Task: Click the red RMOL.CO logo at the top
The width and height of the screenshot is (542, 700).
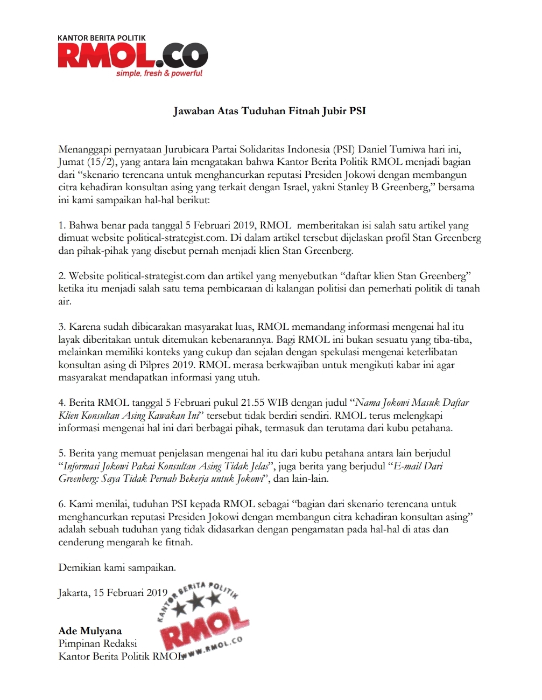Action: point(132,56)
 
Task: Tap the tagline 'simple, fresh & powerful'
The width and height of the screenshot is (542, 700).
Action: point(159,73)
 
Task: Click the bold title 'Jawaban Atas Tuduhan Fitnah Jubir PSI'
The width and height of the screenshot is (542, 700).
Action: point(270,111)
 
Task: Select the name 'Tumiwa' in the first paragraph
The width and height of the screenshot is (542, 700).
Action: point(408,149)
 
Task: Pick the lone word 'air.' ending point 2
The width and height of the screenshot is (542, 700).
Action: point(65,301)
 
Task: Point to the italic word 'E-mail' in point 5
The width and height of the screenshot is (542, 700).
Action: point(406,466)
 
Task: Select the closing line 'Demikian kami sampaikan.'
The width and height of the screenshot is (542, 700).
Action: point(117,567)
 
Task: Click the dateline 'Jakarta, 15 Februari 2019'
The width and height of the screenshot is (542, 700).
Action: point(113,593)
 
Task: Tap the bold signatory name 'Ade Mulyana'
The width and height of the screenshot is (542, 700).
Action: point(90,631)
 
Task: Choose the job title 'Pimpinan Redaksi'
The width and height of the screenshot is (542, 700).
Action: point(97,643)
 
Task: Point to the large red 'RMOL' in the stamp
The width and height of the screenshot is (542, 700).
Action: point(205,628)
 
